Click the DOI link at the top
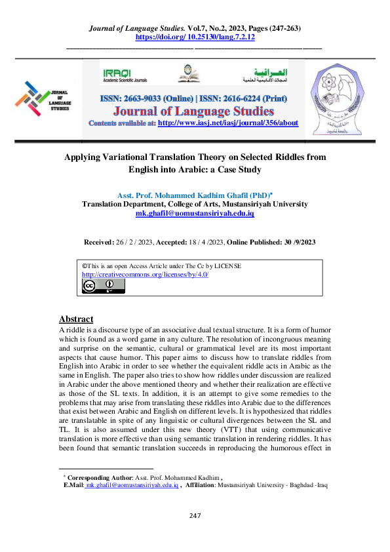pos(195,37)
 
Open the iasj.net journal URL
pos(228,123)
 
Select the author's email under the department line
pos(195,214)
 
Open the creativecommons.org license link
pos(145,274)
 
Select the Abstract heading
pos(76,319)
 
